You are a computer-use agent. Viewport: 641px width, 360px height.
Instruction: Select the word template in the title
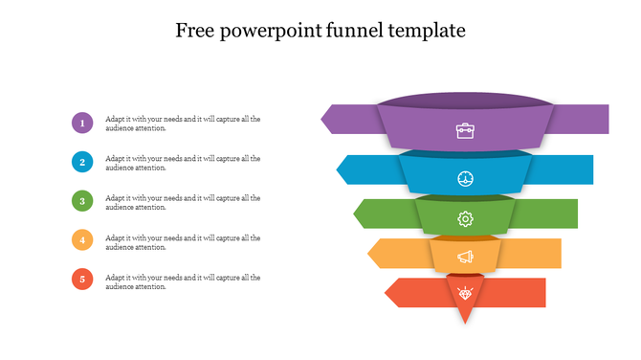tap(428, 31)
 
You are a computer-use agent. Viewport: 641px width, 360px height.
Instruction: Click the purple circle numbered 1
tap(82, 123)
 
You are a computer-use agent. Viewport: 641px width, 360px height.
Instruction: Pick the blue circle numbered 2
tap(82, 162)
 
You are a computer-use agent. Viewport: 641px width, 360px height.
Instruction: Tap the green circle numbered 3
tap(82, 201)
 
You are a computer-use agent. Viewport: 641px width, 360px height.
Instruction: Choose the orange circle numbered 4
tap(82, 240)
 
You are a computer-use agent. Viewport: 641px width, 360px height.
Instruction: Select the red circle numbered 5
tap(82, 280)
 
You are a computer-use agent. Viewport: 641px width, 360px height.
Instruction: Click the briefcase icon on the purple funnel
tap(465, 130)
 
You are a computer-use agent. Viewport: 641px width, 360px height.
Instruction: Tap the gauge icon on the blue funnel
tap(465, 179)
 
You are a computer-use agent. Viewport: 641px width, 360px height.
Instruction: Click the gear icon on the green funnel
tap(465, 219)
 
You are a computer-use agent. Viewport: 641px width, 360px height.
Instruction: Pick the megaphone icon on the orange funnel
tap(465, 257)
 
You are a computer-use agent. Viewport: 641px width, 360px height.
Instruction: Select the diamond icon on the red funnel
tap(465, 292)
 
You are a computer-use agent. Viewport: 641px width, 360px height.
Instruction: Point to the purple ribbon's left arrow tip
tap(323, 119)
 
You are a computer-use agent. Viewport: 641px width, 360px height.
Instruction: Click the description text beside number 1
tap(182, 123)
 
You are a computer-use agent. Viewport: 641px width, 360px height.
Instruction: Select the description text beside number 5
tap(182, 281)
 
